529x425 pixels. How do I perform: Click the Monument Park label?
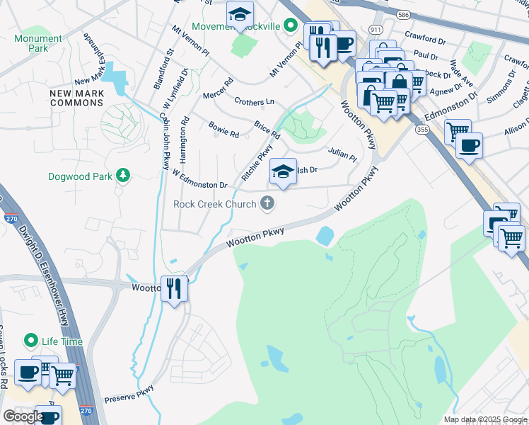pos(37,43)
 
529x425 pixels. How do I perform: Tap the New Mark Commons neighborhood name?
pos(76,98)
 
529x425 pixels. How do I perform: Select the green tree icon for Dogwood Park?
pos(123,175)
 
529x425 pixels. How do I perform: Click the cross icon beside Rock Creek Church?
pos(267,204)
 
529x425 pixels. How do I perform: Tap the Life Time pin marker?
pos(30,341)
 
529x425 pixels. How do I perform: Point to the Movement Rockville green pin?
pos(290,26)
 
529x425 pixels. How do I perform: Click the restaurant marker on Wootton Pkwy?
pos(174,288)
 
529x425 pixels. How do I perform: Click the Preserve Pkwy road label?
pos(129,394)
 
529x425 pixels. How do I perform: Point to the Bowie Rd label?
pos(223,130)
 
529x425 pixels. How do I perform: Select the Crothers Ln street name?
pos(253,102)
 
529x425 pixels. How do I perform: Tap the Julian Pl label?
pos(342,154)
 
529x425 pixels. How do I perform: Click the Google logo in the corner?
pos(23,416)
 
